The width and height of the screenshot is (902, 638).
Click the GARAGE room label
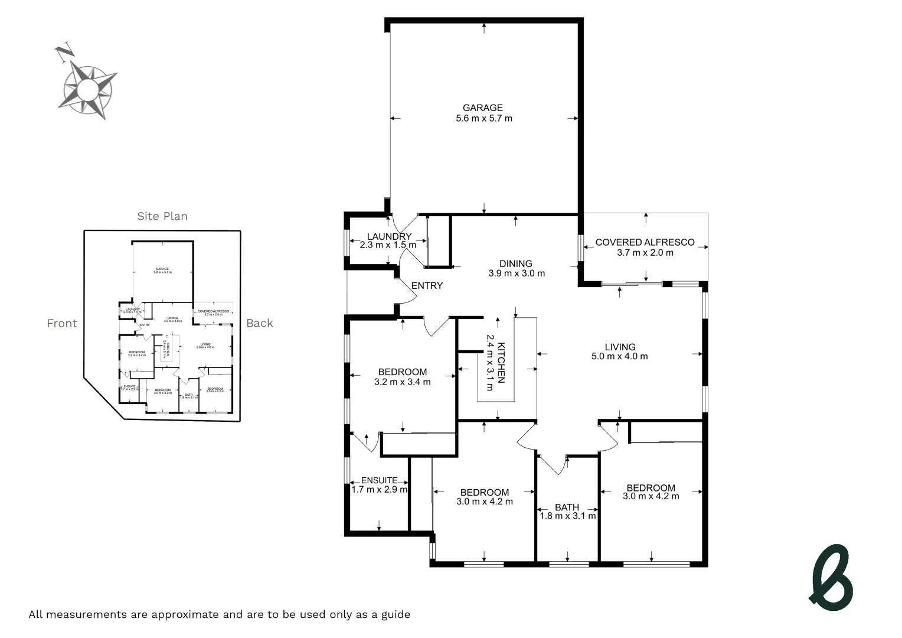tap(482, 108)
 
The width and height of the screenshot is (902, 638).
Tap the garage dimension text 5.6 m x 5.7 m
tap(483, 118)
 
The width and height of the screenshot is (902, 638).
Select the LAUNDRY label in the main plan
tap(389, 236)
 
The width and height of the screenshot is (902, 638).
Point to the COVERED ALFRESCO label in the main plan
tap(645, 242)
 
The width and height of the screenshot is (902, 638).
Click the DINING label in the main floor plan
tap(515, 263)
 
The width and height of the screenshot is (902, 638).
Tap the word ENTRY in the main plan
tap(427, 285)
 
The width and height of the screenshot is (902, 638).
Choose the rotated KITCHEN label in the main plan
tap(501, 363)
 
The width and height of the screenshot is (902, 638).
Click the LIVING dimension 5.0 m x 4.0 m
tap(619, 356)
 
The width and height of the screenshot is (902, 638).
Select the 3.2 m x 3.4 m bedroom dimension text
tap(402, 382)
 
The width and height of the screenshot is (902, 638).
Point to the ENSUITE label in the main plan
tap(379, 480)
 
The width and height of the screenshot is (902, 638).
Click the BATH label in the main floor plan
tap(567, 507)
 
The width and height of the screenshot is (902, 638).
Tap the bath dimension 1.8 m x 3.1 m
tap(567, 516)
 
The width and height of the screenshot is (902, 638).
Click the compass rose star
tap(89, 90)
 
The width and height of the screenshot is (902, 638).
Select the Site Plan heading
tap(162, 216)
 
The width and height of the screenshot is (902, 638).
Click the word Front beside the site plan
tap(62, 323)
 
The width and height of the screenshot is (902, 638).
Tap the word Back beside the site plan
tap(260, 323)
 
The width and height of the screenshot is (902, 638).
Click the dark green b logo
tap(831, 578)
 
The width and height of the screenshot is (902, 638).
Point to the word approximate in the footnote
tap(185, 614)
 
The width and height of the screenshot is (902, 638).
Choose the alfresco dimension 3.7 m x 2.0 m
tap(645, 252)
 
